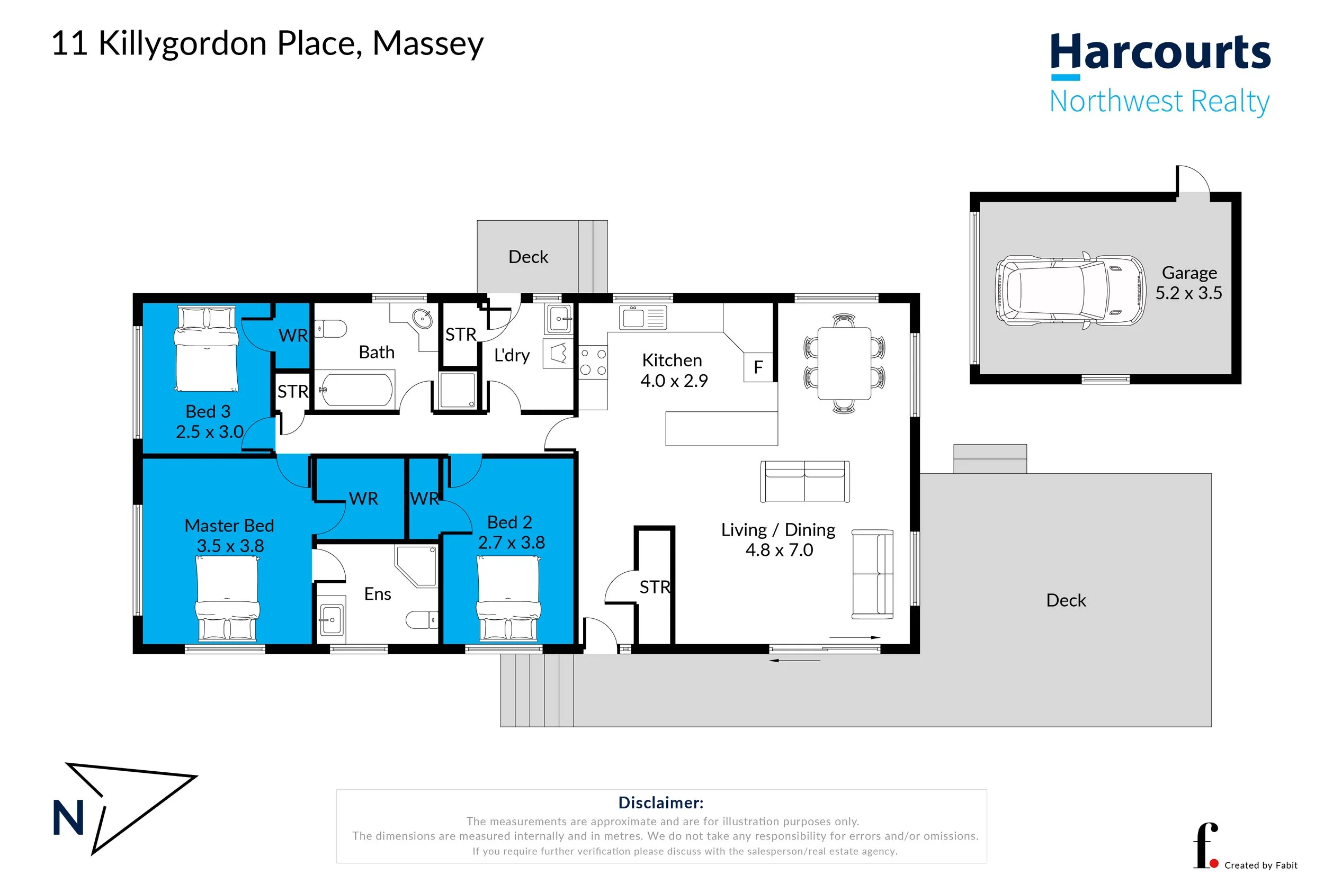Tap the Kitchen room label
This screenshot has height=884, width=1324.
click(x=672, y=360)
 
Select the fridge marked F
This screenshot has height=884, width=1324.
click(x=758, y=367)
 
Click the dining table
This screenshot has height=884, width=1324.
click(x=844, y=364)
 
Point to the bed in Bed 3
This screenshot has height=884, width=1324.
click(x=207, y=348)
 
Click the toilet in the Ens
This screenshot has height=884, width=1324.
click(x=422, y=619)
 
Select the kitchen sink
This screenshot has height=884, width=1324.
click(x=643, y=318)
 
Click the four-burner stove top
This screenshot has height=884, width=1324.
click(x=593, y=362)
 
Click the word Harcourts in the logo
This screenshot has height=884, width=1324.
click(x=1160, y=52)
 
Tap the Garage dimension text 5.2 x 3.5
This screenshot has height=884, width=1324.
click(x=1188, y=293)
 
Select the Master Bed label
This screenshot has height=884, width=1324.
click(x=229, y=526)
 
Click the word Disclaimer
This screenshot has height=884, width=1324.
click(x=661, y=803)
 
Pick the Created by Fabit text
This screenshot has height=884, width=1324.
click(x=1261, y=865)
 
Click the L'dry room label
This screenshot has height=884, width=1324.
click(x=512, y=355)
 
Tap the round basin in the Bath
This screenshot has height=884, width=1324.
click(x=422, y=319)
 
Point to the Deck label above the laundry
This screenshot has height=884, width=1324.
click(x=529, y=257)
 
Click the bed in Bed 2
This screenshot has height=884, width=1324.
click(x=508, y=599)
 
